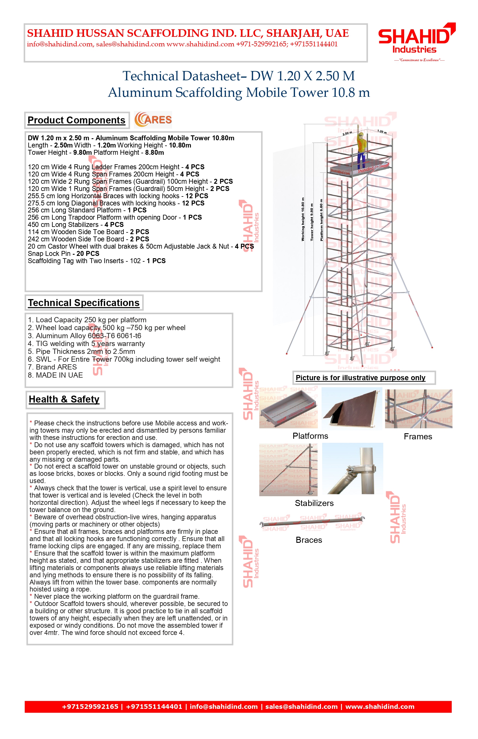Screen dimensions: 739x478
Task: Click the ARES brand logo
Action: point(153,120)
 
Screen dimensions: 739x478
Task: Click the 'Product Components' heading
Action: point(76,120)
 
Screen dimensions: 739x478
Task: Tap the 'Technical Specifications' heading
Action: point(84,303)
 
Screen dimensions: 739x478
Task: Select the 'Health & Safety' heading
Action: point(64,399)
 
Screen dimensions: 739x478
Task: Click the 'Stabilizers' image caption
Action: point(314,503)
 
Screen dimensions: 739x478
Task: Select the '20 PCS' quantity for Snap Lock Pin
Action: point(88,254)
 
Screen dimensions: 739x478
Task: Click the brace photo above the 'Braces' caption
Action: point(312,523)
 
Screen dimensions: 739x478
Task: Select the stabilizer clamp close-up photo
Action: point(353,469)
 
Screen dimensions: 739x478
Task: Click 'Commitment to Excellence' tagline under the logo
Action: point(419,60)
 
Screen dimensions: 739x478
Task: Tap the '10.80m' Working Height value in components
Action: point(180,145)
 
